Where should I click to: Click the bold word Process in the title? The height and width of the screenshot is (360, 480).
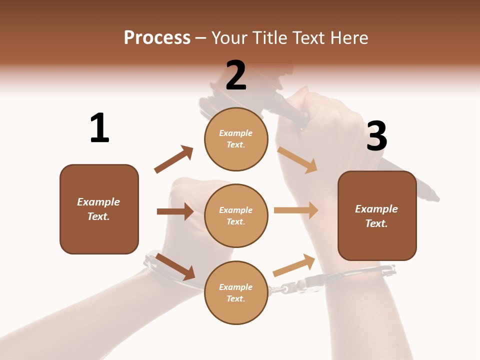tap(157, 38)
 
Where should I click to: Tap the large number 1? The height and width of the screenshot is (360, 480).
tap(99, 128)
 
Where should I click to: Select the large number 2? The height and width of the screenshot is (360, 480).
tap(236, 75)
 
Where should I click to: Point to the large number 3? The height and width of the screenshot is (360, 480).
tap(377, 136)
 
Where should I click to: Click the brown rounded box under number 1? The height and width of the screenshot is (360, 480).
tap(99, 209)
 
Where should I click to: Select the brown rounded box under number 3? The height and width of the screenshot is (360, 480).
tap(377, 215)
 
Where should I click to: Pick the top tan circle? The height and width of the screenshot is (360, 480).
tap(236, 139)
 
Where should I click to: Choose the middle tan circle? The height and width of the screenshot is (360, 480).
tap(236, 215)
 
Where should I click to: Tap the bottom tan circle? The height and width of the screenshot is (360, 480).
tap(236, 292)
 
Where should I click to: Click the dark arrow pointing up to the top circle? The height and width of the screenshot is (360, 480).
tap(174, 159)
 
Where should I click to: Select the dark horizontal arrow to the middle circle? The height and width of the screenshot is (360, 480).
tap(175, 211)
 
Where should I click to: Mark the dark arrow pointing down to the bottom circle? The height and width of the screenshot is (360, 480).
tap(175, 266)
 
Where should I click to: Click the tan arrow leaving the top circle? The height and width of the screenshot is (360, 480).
tap(297, 160)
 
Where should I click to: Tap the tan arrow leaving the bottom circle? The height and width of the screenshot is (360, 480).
tap(294, 265)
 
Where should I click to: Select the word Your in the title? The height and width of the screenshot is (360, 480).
tap(228, 38)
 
